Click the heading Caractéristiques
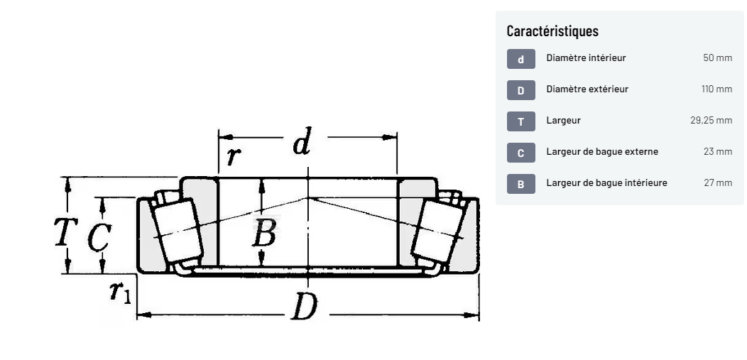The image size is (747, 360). (552, 31)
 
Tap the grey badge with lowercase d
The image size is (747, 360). (520, 59)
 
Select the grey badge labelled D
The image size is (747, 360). (520, 90)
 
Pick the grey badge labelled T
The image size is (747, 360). (520, 121)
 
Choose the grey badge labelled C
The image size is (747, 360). (520, 153)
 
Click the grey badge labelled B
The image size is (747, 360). (520, 184)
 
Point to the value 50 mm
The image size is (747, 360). (717, 58)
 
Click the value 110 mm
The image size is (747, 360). (716, 89)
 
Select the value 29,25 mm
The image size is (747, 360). (711, 121)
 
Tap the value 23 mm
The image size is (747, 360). (718, 151)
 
